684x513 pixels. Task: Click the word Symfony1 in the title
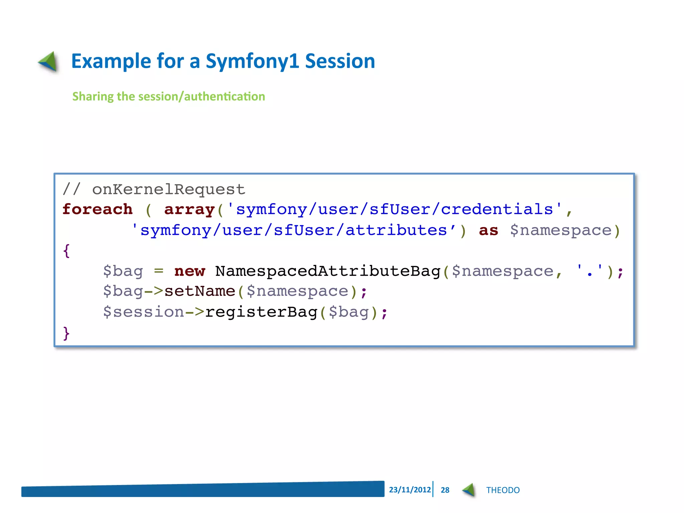tap(252, 62)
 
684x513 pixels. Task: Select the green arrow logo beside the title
tap(48, 61)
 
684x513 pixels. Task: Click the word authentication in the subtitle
tap(224, 97)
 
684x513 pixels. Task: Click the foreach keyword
tap(98, 210)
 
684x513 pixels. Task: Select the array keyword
tap(189, 210)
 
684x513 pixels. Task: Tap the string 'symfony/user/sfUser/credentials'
tap(394, 210)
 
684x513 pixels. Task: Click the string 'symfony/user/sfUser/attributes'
tap(294, 230)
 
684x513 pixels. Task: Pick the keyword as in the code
tap(488, 230)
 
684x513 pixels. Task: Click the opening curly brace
tap(66, 251)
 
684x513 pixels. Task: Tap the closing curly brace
tap(66, 333)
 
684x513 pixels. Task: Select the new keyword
tap(189, 271)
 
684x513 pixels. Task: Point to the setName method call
tap(200, 292)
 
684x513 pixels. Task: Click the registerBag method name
tap(261, 312)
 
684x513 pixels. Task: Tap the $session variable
tap(144, 312)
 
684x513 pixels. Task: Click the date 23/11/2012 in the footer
tap(410, 490)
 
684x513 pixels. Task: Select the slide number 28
tap(445, 490)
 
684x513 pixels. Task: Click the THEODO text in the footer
tap(503, 490)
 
